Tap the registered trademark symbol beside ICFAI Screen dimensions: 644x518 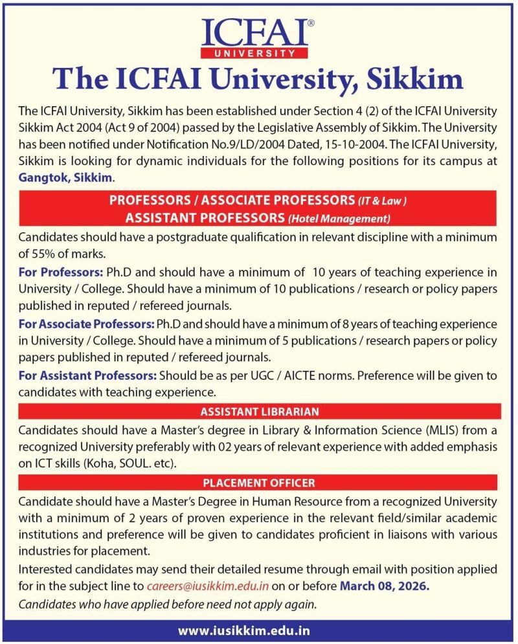coord(311,23)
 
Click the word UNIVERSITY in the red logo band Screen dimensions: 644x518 coord(258,52)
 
